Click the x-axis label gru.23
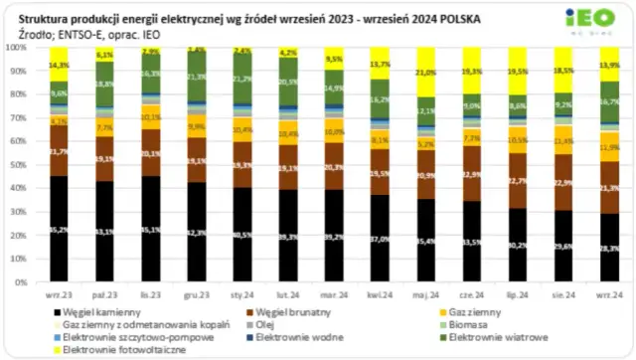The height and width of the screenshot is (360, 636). pyautogui.click(x=196, y=294)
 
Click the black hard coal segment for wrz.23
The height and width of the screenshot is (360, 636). pyautogui.click(x=60, y=229)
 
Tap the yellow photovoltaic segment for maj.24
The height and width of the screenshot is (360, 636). pyautogui.click(x=426, y=72)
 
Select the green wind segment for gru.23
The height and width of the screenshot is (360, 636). pyautogui.click(x=196, y=78)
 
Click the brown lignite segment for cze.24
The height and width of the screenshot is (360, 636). pyautogui.click(x=472, y=175)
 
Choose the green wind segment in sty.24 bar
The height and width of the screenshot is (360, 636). pyautogui.click(x=241, y=80)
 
